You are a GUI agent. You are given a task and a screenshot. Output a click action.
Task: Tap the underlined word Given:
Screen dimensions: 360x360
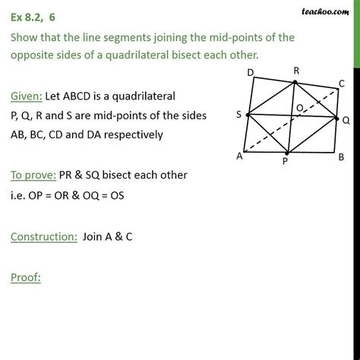[27, 96]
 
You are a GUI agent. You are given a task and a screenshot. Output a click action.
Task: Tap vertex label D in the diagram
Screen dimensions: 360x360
[251, 73]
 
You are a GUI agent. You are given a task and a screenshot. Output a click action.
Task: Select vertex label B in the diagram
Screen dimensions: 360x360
[341, 156]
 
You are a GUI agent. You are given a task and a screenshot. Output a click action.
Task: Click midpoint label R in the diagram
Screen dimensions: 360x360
[296, 71]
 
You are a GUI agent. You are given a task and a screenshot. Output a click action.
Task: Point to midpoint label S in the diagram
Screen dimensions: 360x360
[238, 115]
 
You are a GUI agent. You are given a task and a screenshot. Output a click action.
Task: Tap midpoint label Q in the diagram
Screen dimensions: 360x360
[345, 119]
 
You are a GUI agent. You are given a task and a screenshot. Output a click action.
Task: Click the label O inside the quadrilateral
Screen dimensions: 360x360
[301, 109]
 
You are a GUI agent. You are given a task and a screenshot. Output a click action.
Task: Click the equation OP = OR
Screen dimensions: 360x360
[58, 194]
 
